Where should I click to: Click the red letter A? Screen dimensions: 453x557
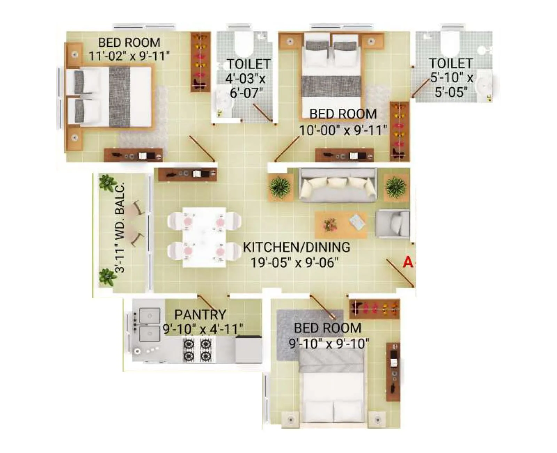point(408,262)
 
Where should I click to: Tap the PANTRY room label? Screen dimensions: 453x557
point(200,314)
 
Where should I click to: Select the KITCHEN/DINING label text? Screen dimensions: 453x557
point(296,247)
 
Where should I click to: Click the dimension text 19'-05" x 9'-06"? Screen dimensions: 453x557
point(295,262)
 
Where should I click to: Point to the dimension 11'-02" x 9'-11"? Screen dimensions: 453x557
point(129,56)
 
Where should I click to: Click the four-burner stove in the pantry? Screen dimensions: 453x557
point(197,350)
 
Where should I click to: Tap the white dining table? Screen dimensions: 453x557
point(204,237)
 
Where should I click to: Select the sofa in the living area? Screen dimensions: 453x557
point(338,185)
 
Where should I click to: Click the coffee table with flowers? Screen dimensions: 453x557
point(341,224)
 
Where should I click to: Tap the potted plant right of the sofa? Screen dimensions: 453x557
point(396,186)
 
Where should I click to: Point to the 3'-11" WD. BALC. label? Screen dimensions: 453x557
point(120,228)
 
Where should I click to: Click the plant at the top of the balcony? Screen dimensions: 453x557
point(107,182)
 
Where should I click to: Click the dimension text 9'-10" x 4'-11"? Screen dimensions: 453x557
point(203,329)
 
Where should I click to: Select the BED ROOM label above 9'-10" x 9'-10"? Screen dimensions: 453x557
point(328,328)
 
